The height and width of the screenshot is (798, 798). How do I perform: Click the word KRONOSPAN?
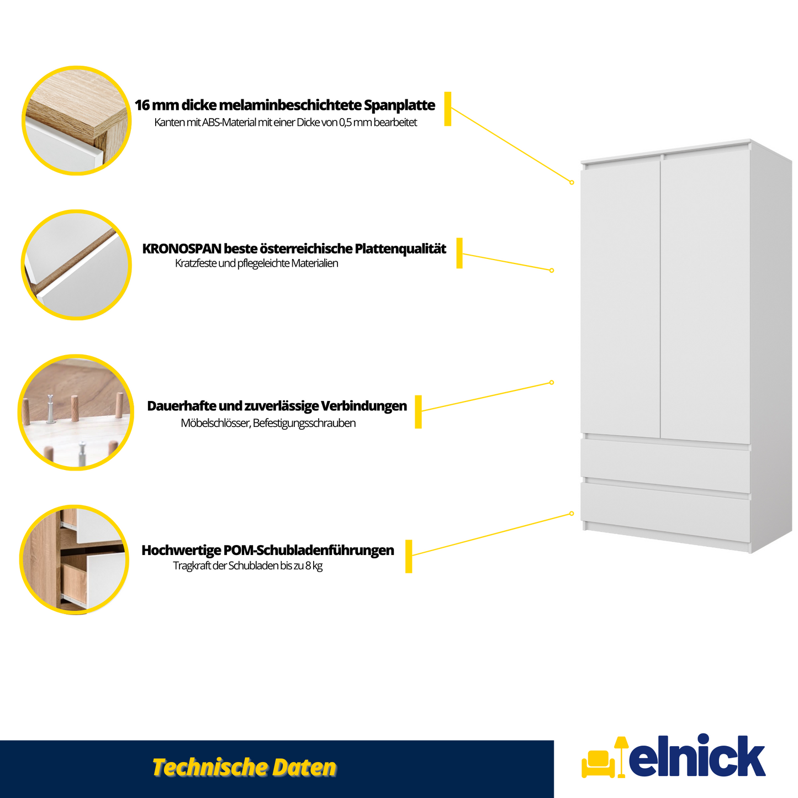pos(181,249)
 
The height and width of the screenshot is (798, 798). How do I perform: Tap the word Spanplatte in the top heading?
pos(399,105)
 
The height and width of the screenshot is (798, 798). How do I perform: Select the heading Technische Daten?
pos(244,767)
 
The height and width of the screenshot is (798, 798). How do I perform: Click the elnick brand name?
pos(697,757)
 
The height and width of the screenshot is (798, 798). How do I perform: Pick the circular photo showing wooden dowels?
pos(76,413)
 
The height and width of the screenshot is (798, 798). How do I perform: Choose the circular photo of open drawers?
pos(75,559)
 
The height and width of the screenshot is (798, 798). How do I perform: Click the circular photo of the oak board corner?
pos(77,120)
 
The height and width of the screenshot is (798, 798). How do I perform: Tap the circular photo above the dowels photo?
pos(76,265)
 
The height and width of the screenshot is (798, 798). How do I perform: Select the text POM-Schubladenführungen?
pos(309,551)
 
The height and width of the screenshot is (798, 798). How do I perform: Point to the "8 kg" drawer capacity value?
pos(314,566)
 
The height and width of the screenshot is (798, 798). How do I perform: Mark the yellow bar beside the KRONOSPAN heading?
pos(459,253)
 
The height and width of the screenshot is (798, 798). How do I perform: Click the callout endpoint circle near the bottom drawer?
pos(572,514)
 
